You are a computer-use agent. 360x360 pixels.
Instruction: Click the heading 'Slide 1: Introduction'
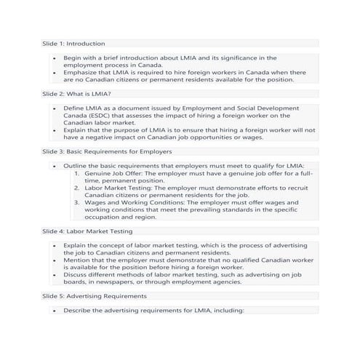tap(73, 44)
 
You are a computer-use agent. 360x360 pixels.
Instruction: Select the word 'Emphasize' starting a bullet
tap(80, 72)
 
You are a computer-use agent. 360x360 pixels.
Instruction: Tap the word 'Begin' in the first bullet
tap(72, 57)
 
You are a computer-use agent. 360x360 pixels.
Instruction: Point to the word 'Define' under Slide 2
tap(74, 108)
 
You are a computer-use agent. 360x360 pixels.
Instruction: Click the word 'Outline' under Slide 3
tap(76, 166)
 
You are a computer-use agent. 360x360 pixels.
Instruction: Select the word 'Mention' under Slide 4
tap(77, 260)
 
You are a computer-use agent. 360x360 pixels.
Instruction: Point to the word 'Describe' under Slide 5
tap(78, 311)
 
